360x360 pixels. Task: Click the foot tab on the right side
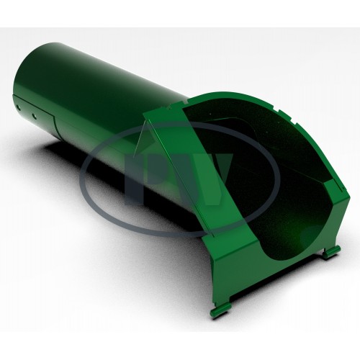click(332, 250)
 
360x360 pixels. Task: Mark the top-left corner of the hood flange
click(144, 113)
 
